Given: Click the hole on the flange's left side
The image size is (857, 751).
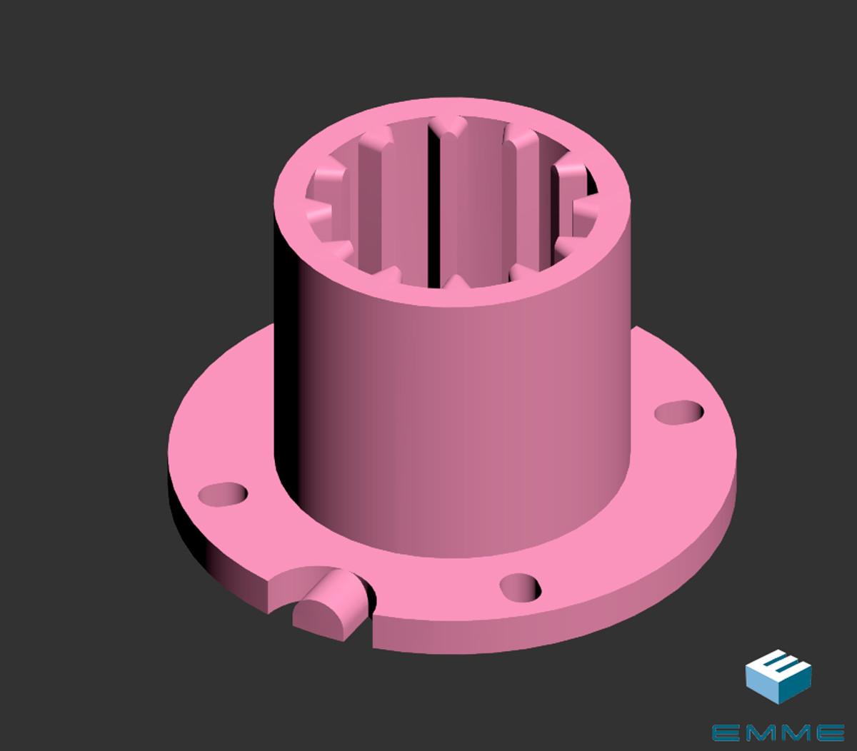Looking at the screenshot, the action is [x=223, y=494].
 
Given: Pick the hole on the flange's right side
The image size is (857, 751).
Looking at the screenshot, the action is [x=679, y=412].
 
